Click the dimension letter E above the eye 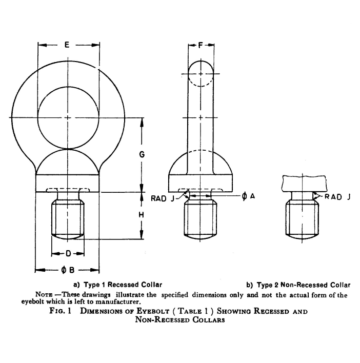click(67, 45)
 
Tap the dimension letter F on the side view click(201, 45)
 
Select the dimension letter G click(142, 154)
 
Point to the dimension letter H click(141, 215)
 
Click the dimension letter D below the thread click(68, 254)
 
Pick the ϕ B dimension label click(68, 270)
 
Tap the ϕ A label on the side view click(248, 196)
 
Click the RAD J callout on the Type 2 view click(337, 197)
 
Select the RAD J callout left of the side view click(163, 198)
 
